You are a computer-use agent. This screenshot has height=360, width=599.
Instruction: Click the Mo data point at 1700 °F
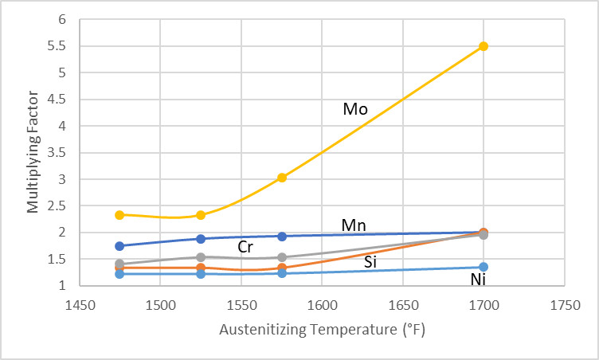pos(484,46)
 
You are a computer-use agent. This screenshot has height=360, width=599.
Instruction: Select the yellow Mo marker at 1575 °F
pos(282,178)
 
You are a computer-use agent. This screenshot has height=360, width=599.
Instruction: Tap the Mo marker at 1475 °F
pos(119,215)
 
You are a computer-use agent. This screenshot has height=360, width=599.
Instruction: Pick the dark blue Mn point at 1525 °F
pos(201,239)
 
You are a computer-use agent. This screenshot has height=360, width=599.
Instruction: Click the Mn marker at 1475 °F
pos(119,246)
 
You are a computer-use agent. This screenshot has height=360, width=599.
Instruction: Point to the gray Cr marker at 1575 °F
pos(282,256)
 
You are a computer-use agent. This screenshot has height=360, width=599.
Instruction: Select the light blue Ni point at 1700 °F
pos(484,267)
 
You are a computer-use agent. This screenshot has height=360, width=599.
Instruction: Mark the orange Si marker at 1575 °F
pos(282,268)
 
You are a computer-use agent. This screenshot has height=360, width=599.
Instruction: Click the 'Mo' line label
pos(355,109)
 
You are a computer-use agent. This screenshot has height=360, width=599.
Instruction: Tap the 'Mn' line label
pos(354,225)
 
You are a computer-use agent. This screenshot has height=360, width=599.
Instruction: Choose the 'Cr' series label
pos(245,247)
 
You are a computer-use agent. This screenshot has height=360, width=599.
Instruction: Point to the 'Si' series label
pos(370,262)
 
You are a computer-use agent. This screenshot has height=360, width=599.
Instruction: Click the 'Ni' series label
pos(478,280)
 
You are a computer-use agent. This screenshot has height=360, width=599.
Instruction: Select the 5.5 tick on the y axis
pos(57,46)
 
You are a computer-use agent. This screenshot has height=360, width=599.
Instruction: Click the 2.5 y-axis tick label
pos(57,206)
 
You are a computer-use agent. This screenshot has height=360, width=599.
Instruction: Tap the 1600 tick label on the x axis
pos(322,305)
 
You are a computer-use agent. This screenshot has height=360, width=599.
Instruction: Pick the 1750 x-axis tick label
pos(564,305)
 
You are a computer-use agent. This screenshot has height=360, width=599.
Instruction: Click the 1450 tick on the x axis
pos(80,305)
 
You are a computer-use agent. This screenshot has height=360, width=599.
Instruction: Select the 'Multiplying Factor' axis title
pos(33,152)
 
